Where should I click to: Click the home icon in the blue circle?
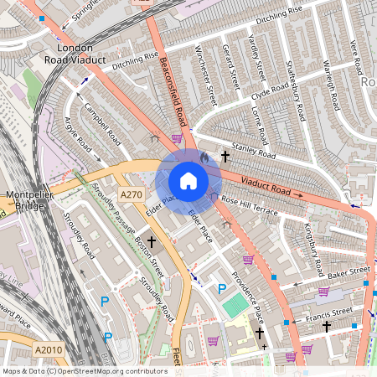[188, 181]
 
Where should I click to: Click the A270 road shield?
[131, 194]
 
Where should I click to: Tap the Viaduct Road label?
[267, 186]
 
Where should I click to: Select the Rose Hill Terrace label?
[248, 206]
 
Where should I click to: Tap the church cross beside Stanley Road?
[225, 156]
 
